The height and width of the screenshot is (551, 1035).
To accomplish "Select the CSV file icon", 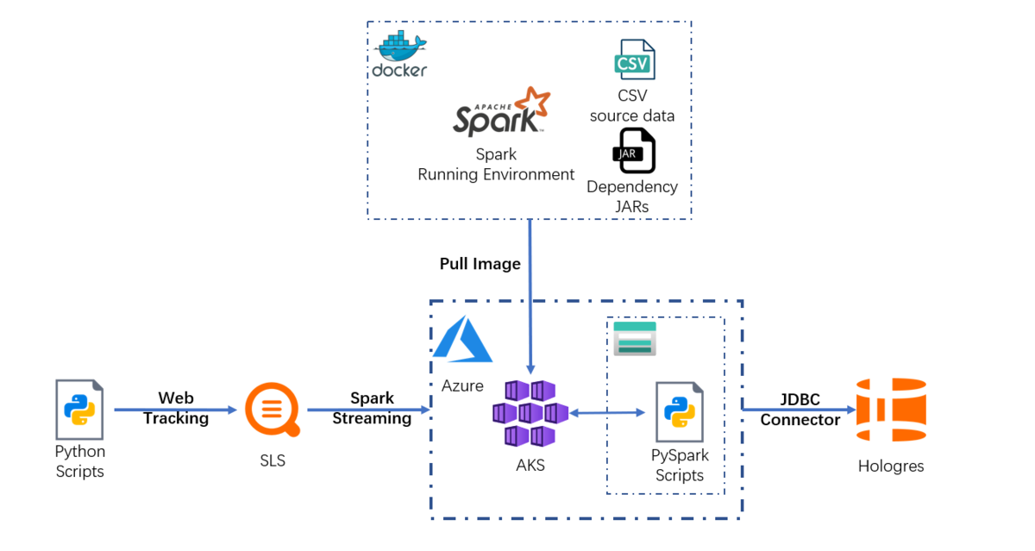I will [x=634, y=61].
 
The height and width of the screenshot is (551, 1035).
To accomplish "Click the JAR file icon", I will [x=634, y=151].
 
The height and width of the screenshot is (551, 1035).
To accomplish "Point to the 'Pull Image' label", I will [x=480, y=264].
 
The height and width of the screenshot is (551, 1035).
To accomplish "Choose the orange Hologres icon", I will [x=890, y=411].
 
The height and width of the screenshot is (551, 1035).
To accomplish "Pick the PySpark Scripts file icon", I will [x=679, y=411].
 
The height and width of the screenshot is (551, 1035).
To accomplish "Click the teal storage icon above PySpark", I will [x=634, y=338].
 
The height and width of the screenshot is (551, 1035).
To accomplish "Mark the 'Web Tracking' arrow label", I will [x=175, y=408].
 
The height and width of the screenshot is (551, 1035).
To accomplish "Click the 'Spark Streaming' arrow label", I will [x=372, y=408].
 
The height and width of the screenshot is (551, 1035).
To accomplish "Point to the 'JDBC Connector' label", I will [x=800, y=409].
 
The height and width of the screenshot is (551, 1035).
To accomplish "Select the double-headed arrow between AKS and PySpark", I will [x=607, y=414].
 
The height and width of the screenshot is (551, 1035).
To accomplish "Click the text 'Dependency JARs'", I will [x=632, y=197].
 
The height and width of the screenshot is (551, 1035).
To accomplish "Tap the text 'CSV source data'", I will [x=632, y=105].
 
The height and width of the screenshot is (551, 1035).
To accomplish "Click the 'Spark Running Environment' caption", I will [x=496, y=165].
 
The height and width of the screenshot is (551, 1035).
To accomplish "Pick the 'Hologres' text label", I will [x=891, y=466].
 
